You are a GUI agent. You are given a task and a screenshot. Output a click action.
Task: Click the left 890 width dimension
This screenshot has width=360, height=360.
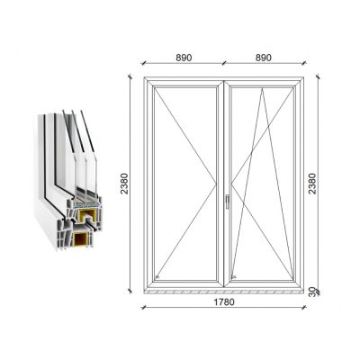(184, 58)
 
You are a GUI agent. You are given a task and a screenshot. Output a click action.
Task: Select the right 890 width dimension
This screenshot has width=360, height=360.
(264, 58)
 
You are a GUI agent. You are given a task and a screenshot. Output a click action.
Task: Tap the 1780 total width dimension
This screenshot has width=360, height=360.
(224, 301)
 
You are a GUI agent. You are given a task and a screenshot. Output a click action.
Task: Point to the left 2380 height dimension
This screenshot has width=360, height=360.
(124, 184)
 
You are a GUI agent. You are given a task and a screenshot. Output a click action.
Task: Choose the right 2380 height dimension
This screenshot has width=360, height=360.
(312, 184)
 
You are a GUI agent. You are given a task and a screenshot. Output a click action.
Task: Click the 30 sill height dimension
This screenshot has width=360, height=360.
(312, 292)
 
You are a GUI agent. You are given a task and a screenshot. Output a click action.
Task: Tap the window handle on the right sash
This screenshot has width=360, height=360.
(227, 202)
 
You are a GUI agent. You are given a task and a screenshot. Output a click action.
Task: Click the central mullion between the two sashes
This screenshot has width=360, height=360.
(224, 184)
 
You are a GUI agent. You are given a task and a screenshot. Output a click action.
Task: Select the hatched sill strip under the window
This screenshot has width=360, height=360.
(224, 292)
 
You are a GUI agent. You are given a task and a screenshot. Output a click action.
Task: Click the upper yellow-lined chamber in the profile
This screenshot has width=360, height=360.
(87, 215)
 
